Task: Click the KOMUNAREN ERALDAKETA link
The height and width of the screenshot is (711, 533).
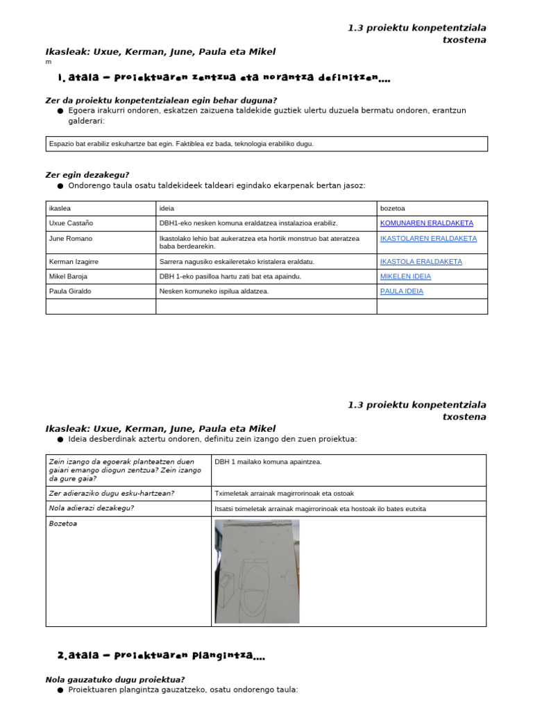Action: [x=426, y=223]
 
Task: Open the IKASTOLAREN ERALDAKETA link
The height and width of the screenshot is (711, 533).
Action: [x=428, y=238]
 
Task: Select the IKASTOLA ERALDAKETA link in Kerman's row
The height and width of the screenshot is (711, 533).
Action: [x=421, y=262]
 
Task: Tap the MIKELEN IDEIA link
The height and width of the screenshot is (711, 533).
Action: [x=405, y=276]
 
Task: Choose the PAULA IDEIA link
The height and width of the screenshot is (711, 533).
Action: [x=401, y=292]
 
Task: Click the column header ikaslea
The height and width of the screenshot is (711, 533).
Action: [x=60, y=208]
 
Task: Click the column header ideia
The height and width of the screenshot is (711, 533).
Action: [x=167, y=208]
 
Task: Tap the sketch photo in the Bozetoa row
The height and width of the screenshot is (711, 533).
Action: [x=257, y=571]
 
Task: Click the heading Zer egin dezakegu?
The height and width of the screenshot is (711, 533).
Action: [x=87, y=175]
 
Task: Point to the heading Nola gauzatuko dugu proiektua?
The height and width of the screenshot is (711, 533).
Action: [x=115, y=680]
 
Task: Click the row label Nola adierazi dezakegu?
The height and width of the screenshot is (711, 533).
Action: [x=92, y=508]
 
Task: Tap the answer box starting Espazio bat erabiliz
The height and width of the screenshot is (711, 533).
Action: [x=266, y=144]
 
